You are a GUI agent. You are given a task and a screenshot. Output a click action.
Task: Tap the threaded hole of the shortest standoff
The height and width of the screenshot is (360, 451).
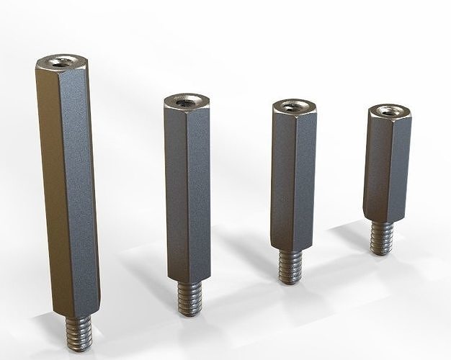[x=390, y=111]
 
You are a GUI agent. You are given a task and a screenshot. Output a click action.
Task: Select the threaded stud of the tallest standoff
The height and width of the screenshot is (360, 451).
[x=79, y=332]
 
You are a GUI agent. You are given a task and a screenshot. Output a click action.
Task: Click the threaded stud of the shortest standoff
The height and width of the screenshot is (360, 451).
[x=382, y=237]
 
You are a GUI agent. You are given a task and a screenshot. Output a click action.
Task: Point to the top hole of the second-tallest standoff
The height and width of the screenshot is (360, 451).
[x=186, y=102]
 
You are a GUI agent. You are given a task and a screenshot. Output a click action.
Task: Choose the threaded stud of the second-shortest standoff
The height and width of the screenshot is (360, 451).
[x=290, y=266]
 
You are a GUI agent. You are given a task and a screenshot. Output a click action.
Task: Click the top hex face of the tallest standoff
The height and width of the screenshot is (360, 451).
[x=50, y=64]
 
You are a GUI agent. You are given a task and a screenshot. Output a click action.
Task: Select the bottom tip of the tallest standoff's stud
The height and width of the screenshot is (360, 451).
[x=79, y=349]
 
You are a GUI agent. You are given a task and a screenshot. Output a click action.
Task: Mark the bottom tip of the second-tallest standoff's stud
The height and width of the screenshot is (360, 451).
[x=189, y=315]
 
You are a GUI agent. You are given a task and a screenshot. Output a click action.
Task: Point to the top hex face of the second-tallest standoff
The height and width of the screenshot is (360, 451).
[x=174, y=103]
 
